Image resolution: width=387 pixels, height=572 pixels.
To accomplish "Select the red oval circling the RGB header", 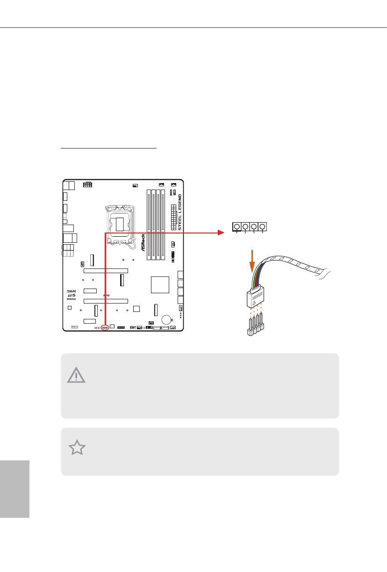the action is (x=105, y=328).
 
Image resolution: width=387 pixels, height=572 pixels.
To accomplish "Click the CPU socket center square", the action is (x=122, y=225).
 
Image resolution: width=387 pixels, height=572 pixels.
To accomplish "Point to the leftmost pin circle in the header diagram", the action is (x=237, y=227).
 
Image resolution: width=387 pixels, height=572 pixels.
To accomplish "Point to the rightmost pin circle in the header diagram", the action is (x=263, y=227).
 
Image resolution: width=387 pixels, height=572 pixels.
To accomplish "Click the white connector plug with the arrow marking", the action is (x=252, y=298).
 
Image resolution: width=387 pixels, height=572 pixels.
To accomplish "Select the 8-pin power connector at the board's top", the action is (x=87, y=184).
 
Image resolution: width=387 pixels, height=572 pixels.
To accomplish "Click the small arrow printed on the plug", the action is (x=253, y=302).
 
